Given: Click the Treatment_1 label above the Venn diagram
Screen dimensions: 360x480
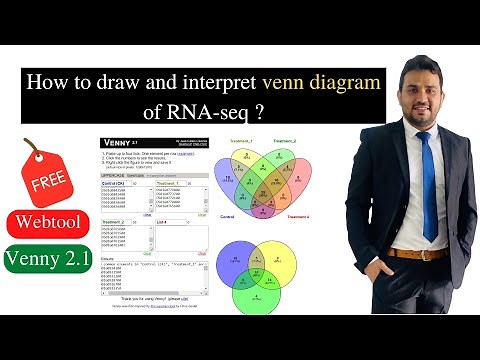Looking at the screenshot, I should pyautogui.click(x=242, y=141).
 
